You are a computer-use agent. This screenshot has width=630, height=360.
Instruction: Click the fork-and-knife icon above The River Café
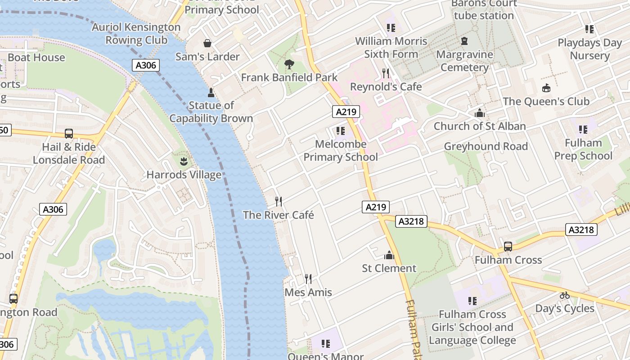279,201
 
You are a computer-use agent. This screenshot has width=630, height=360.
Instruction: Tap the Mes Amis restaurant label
308,292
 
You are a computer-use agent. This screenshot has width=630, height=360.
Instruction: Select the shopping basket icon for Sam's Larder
207,43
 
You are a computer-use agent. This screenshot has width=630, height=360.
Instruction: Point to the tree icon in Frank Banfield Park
289,64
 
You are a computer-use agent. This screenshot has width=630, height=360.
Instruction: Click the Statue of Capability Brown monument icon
211,93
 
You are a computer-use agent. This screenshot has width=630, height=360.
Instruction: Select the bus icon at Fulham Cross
508,247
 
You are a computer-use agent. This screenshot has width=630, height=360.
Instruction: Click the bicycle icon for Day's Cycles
565,295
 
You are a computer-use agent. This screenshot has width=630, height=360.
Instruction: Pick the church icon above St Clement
389,256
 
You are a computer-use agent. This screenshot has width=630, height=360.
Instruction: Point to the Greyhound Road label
486,146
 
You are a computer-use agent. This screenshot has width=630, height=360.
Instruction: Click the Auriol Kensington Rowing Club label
136,34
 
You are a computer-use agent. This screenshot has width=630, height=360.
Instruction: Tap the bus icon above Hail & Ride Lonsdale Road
69,134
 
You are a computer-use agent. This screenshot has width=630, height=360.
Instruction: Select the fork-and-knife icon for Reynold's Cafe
386,73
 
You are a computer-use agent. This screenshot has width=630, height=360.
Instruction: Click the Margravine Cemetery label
465,61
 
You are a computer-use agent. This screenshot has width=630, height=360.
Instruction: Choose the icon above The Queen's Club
546,88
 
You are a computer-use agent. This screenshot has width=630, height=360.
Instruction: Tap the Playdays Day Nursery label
589,49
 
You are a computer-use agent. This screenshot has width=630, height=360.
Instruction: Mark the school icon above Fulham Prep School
583,130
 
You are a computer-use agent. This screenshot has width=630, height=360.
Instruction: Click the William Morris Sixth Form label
391,48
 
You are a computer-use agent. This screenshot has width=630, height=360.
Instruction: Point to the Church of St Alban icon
480,113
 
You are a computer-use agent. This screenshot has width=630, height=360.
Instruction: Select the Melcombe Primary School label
341,151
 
